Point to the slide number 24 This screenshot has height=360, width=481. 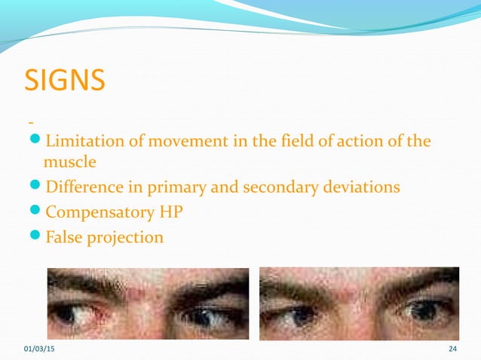[x=453, y=348]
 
